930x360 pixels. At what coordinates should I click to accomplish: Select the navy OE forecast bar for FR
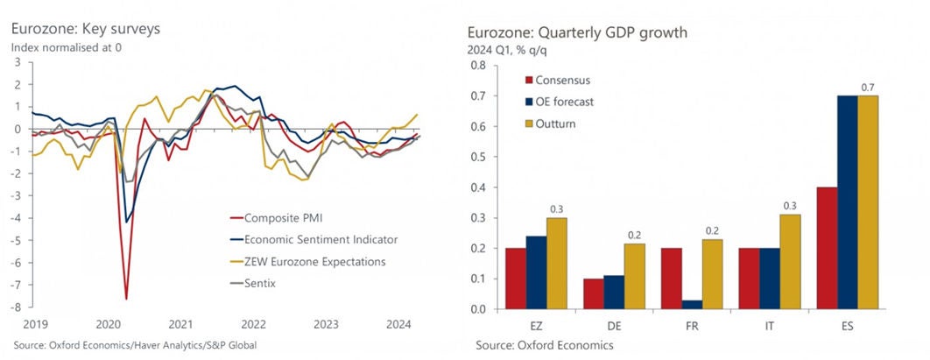click(x=692, y=305)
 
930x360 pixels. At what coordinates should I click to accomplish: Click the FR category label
click(x=692, y=323)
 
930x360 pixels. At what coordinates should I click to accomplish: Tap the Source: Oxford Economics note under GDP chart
click(x=545, y=346)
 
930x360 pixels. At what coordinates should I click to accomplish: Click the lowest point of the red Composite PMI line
click(x=127, y=299)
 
